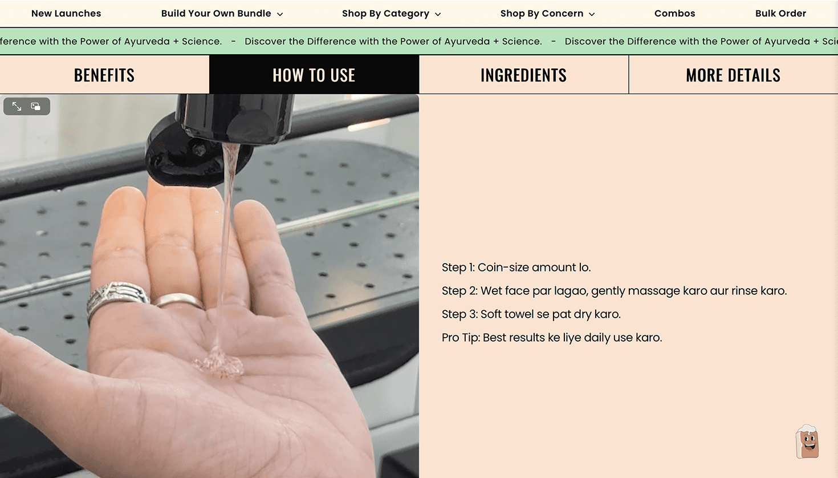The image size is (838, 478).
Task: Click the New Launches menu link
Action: coord(66,14)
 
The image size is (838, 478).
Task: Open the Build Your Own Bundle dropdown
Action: coord(222,14)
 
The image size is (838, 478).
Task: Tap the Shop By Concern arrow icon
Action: coord(592,14)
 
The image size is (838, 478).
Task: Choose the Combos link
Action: coord(674,14)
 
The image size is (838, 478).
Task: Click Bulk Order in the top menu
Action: coord(780,14)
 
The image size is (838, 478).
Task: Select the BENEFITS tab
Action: coord(104,75)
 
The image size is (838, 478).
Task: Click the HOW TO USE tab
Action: coord(314,75)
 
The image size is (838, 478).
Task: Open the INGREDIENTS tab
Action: coord(524,75)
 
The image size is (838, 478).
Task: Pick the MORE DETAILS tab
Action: coord(733,75)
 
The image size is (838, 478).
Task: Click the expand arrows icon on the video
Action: coord(17,106)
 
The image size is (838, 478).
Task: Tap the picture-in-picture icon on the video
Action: coord(35,106)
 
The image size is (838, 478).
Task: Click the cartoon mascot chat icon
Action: coord(807,441)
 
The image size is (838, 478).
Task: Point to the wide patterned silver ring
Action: coord(117,299)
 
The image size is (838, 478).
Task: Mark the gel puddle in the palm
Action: coord(219,363)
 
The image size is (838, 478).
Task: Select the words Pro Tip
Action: coord(461,338)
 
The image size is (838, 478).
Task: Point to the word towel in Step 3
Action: coord(519,314)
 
